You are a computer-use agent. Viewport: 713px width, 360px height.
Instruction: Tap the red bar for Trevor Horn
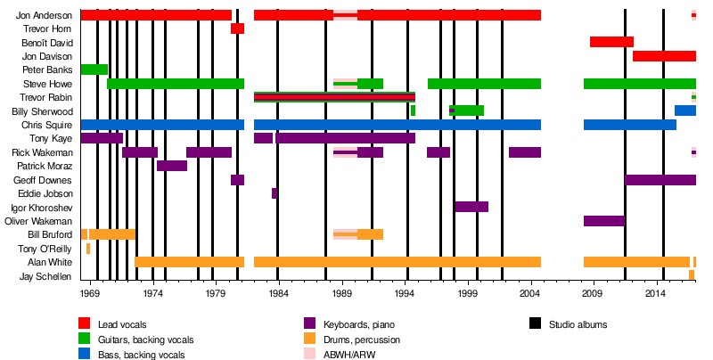click(237, 29)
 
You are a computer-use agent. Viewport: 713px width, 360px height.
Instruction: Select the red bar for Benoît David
click(611, 42)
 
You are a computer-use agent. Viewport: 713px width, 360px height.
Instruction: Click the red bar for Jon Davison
click(664, 56)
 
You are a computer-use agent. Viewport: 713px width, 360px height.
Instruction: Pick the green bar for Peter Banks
click(94, 70)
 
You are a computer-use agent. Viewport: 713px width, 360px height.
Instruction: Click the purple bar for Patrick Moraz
click(172, 166)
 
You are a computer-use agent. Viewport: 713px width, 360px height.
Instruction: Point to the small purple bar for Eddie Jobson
click(274, 193)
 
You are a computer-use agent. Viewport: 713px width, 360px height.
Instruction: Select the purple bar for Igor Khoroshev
click(471, 207)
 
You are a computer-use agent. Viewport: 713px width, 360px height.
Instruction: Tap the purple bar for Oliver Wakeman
click(604, 221)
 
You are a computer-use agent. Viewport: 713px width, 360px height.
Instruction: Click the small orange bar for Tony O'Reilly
click(88, 249)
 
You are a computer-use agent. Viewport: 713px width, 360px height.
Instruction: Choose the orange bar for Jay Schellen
click(692, 275)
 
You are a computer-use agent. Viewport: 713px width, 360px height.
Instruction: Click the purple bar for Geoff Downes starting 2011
click(660, 180)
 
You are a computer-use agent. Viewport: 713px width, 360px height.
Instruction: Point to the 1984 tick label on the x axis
click(279, 292)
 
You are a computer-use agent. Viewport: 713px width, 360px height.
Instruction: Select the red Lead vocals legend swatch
click(86, 324)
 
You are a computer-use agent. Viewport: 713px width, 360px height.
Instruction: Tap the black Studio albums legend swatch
click(536, 324)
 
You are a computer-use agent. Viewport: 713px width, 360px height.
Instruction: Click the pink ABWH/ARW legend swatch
click(310, 354)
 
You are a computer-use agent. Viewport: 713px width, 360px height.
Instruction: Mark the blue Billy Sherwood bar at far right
click(684, 110)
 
